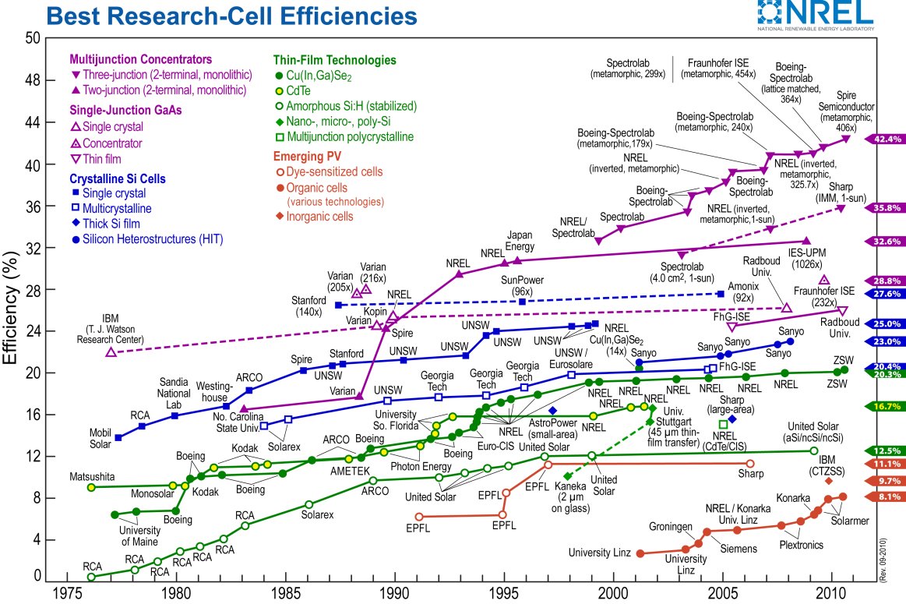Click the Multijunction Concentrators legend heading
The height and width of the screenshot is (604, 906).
(x=140, y=58)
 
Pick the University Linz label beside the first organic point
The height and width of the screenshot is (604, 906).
(x=598, y=553)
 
